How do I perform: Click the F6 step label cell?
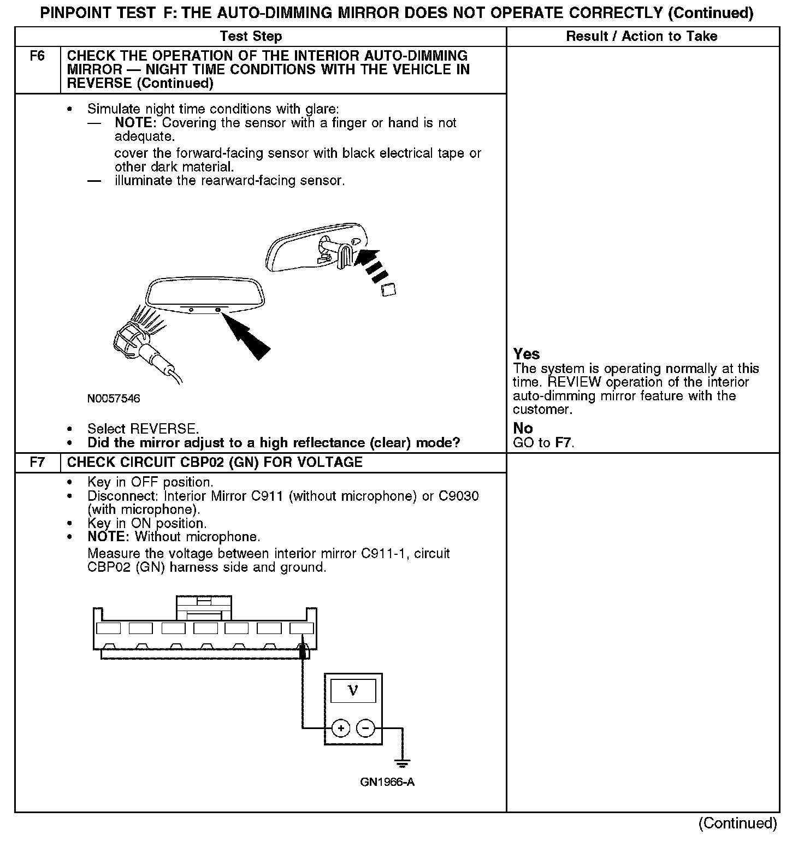coord(37,56)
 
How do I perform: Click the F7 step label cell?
coord(37,463)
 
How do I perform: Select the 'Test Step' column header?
coord(251,37)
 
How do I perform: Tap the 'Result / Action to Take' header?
coord(642,37)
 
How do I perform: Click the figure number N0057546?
coord(114,399)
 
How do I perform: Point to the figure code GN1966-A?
coord(387,782)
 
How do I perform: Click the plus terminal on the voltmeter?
coord(341,728)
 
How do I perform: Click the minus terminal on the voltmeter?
coord(366,728)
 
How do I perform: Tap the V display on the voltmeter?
coord(353,691)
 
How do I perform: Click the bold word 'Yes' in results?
coord(527,354)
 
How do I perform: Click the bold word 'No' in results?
coord(523,428)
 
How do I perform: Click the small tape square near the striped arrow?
coord(388,289)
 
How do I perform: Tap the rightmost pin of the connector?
coord(301,629)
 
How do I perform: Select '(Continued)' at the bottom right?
coord(737,823)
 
